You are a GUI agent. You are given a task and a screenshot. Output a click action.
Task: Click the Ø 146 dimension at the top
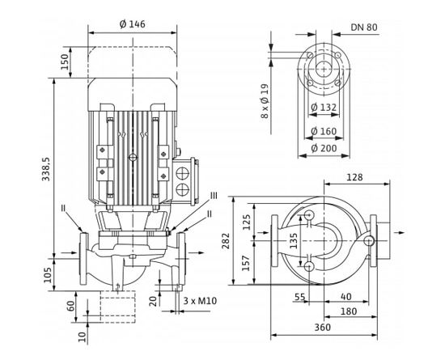tap(132, 24)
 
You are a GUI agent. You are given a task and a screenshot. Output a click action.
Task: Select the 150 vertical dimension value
tap(64, 60)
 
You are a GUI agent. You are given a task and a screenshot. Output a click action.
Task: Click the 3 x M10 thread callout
tap(199, 302)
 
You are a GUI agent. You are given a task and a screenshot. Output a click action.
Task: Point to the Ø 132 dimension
tap(324, 108)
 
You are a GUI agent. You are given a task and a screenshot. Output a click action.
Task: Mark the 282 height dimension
tap(227, 240)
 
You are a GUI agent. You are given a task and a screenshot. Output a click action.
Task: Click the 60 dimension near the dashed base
tap(70, 308)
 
